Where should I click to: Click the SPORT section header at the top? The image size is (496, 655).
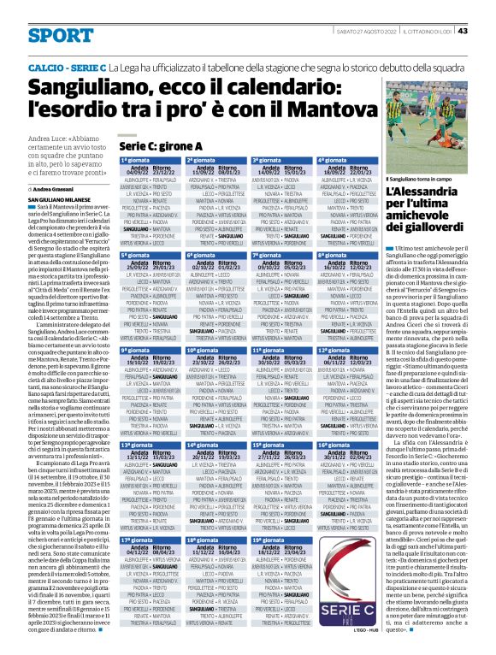point(59,35)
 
